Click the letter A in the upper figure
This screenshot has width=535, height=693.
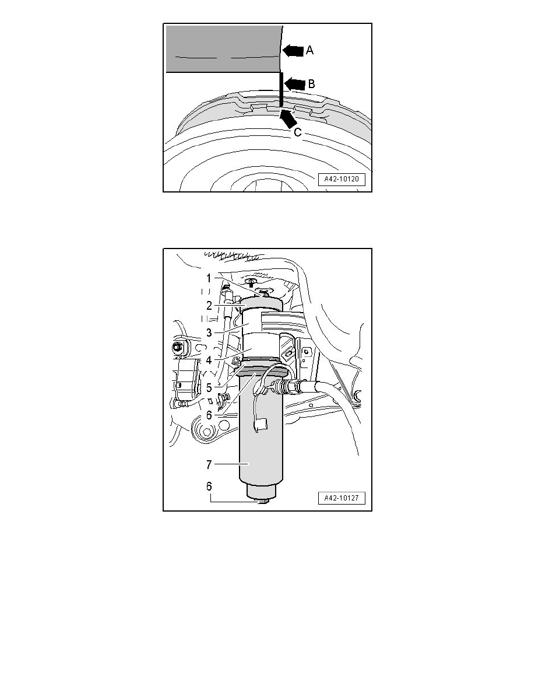[x=309, y=50]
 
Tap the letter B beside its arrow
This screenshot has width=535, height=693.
[x=311, y=83]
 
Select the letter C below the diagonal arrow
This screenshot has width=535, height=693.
[x=298, y=132]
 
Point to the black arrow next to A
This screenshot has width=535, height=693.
[x=293, y=50]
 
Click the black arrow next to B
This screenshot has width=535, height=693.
[x=295, y=83]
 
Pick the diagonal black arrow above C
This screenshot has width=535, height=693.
[x=288, y=118]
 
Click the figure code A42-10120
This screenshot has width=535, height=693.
[x=342, y=180]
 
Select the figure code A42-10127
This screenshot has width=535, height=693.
[x=342, y=498]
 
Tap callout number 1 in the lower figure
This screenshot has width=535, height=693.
[x=209, y=278]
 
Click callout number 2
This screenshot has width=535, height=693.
[x=209, y=306]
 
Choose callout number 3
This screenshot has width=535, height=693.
[x=209, y=333]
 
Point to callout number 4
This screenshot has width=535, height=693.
[x=209, y=360]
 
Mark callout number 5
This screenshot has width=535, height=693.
[x=209, y=387]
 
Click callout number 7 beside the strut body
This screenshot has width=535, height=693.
[x=209, y=464]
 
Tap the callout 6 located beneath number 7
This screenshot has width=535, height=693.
[x=209, y=486]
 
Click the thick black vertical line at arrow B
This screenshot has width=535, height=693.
[x=281, y=90]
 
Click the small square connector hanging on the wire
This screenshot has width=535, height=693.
[x=261, y=425]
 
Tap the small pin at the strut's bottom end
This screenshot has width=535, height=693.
[x=263, y=501]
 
